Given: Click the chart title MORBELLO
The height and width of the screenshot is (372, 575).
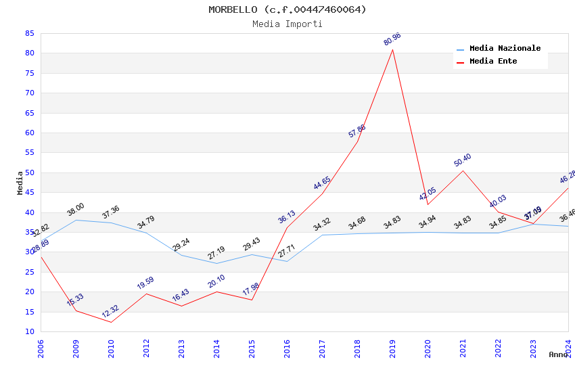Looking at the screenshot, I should [x=287, y=9].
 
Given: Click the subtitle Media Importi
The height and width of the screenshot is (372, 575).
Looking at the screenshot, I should [x=287, y=24].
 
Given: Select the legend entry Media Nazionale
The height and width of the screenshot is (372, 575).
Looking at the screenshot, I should [x=505, y=49].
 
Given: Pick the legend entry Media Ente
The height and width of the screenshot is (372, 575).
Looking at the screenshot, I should [x=493, y=62].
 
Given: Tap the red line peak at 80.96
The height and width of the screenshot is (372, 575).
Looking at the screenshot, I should [x=392, y=49].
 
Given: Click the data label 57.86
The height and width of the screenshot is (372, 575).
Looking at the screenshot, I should [x=357, y=131].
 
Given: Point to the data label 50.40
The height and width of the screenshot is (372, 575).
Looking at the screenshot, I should [x=463, y=160].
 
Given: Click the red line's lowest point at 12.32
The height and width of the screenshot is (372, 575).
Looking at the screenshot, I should [x=111, y=322].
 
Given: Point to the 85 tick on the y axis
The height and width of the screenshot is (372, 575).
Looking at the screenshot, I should [x=29, y=33].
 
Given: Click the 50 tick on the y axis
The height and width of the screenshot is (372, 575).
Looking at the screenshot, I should [x=29, y=172].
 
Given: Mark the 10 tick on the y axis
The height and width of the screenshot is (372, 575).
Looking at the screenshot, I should [x=29, y=331].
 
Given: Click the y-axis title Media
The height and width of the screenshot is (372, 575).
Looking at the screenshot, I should [x=20, y=183].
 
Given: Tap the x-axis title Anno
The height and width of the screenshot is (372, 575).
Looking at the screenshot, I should [x=558, y=354].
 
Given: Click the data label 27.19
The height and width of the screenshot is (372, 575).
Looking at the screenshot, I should [x=216, y=253].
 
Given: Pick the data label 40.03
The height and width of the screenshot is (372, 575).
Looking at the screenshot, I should [x=498, y=202].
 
